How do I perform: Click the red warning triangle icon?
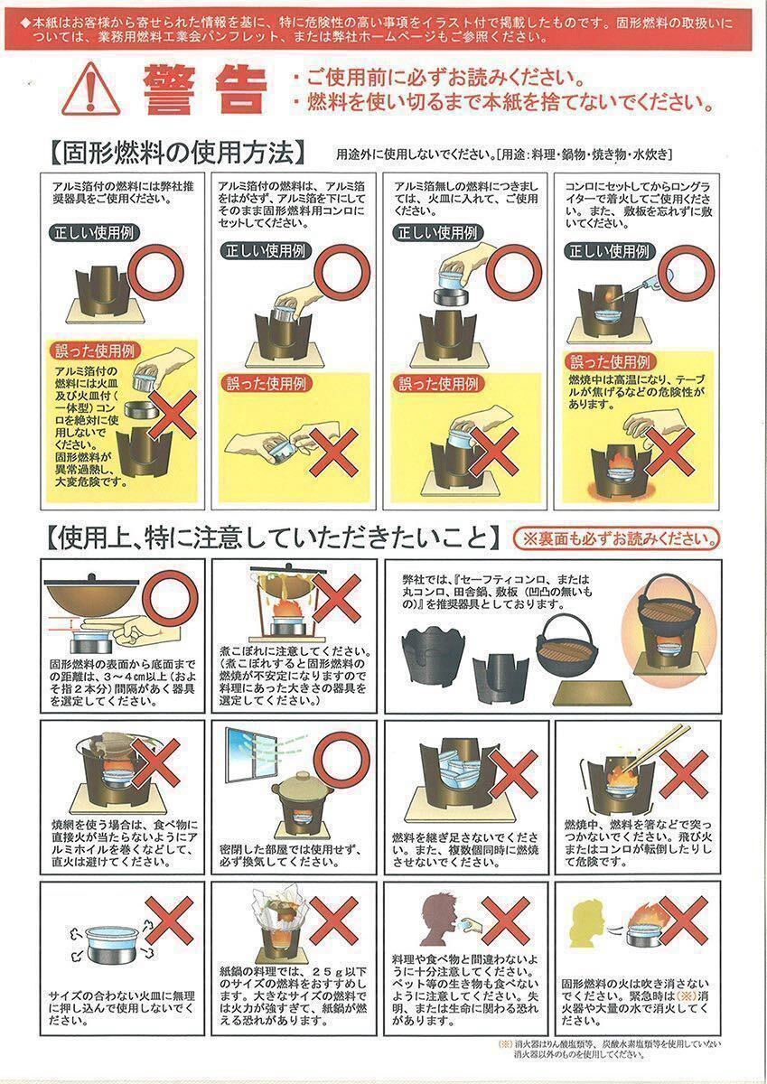click(x=91, y=89)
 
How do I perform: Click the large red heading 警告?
click(x=205, y=90)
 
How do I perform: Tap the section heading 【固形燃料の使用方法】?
click(x=177, y=154)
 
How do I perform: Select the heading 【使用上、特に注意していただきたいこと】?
click(x=274, y=539)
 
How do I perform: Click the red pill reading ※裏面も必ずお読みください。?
click(x=616, y=538)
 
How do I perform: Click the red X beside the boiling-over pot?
click(x=337, y=598)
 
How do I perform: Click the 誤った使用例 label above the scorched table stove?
click(x=610, y=362)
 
